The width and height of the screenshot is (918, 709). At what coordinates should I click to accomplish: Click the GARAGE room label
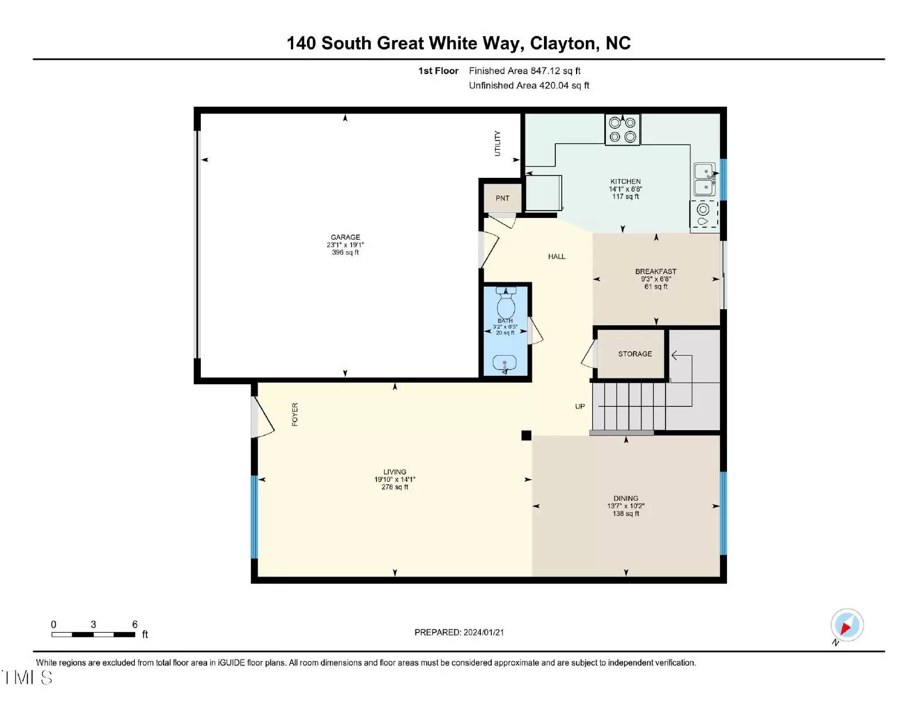click(x=345, y=237)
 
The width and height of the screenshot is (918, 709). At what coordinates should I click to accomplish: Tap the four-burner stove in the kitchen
click(x=623, y=130)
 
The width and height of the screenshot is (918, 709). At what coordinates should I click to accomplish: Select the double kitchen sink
click(x=705, y=180)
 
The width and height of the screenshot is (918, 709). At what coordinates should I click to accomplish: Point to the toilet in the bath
click(x=505, y=303)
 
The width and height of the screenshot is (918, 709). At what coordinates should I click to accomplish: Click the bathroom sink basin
click(x=505, y=363)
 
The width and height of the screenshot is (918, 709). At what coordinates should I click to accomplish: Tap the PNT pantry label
click(x=502, y=198)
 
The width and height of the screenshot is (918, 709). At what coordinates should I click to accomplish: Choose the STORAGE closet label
click(x=635, y=354)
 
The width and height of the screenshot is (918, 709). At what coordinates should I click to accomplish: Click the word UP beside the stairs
click(x=579, y=406)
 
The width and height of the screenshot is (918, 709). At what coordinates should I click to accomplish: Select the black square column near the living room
click(x=526, y=435)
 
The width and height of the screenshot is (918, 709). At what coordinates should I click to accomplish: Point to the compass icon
click(x=847, y=626)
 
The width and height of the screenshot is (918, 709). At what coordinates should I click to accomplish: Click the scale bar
click(x=94, y=634)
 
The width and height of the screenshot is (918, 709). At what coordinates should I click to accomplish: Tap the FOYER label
click(x=295, y=414)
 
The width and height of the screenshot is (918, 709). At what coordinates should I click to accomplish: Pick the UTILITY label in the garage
click(x=497, y=143)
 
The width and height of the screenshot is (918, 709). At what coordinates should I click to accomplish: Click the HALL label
click(x=557, y=256)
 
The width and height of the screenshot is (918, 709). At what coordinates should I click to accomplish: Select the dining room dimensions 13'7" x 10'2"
click(x=625, y=506)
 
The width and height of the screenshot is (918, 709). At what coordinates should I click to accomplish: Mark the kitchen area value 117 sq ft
click(x=625, y=196)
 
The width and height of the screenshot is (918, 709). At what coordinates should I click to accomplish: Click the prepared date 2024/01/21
click(x=484, y=632)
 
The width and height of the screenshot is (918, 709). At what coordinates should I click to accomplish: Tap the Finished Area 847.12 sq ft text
click(x=524, y=71)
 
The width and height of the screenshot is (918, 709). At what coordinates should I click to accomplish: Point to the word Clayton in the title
click(x=563, y=44)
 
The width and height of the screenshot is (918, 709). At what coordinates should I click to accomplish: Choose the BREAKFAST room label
click(x=656, y=271)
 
